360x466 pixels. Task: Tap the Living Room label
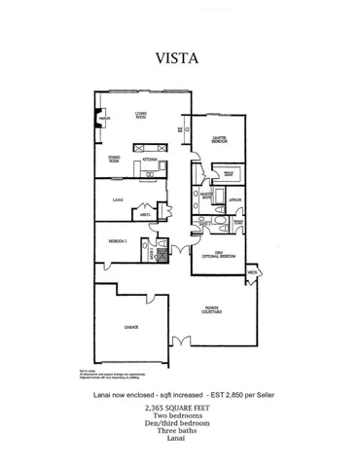(x=141, y=117)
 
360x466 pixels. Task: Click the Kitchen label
(x=151, y=159)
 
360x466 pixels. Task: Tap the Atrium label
(x=234, y=198)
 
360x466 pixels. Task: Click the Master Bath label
(x=206, y=197)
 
